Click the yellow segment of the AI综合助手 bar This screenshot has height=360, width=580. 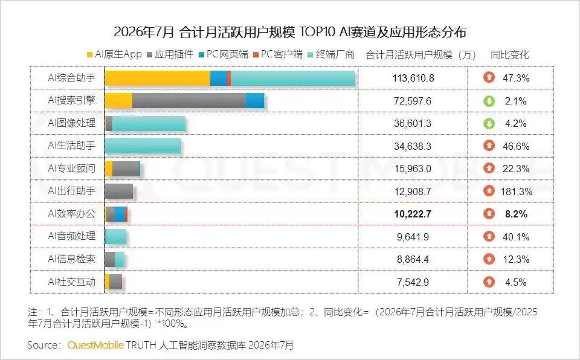(x=158, y=78)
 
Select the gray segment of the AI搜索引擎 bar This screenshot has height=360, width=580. (x=189, y=101)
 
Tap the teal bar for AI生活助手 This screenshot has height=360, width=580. (x=143, y=146)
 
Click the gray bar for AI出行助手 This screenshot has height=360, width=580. (x=119, y=191)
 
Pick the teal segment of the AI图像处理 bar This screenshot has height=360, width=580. (x=149, y=123)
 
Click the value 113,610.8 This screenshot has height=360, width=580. (x=413, y=78)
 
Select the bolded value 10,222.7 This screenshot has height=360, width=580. (x=413, y=214)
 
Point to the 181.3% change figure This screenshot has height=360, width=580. (x=517, y=191)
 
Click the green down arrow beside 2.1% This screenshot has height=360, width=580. (x=489, y=101)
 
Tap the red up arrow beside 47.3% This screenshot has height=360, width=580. (x=489, y=78)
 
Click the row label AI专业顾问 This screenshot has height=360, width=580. (x=72, y=169)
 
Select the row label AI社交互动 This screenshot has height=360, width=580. (x=72, y=282)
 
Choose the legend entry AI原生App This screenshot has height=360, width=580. (x=114, y=54)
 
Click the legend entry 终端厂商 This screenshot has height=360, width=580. (x=331, y=54)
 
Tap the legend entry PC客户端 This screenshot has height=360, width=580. (x=278, y=54)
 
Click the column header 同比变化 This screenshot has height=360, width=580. (x=510, y=55)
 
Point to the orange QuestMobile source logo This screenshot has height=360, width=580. (x=95, y=345)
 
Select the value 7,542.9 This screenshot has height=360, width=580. (x=413, y=282)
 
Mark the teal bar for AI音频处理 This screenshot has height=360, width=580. (x=116, y=237)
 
